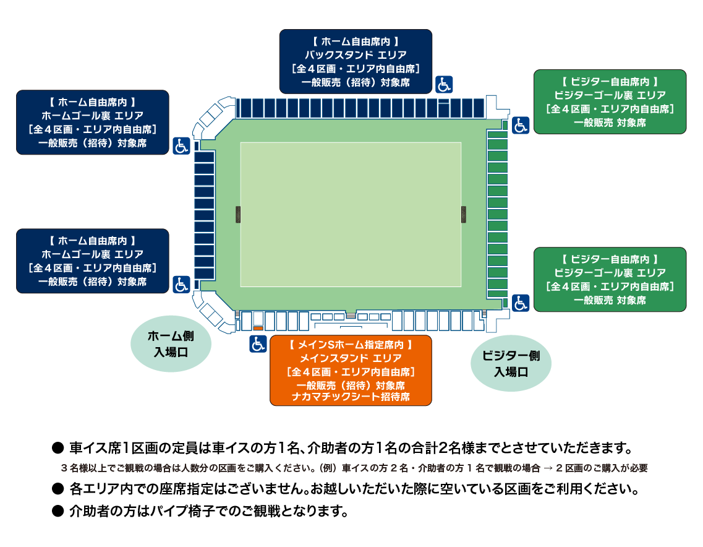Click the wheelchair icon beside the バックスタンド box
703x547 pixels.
tap(444, 84)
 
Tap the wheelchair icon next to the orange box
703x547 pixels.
tap(258, 344)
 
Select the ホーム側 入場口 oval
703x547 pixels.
tap(171, 343)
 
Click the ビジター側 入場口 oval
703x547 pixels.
tap(511, 363)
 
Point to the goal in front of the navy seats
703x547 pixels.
tap(238, 215)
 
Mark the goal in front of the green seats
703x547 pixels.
tap(464, 215)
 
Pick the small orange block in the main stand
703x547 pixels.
tap(258, 329)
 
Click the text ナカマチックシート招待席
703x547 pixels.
tap(351, 397)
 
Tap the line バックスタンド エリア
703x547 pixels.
tap(356, 55)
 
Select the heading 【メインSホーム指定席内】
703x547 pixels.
tap(351, 345)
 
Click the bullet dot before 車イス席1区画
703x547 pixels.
tap(58, 448)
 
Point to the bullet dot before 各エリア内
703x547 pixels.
tap(58, 489)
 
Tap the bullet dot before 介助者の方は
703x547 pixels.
tap(58, 510)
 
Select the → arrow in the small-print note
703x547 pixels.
tap(548, 468)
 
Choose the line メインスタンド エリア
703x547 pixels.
tap(351, 358)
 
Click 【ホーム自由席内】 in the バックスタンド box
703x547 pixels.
tap(356, 41)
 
